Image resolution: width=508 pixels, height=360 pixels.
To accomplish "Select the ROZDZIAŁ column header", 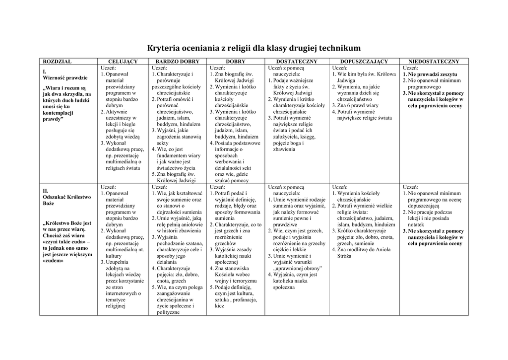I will pyautogui.click(x=57, y=61).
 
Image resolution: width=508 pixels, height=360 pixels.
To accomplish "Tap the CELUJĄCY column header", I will pyautogui.click(x=123, y=61).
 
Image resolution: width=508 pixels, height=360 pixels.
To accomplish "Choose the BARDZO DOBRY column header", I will pyautogui.click(x=176, y=61).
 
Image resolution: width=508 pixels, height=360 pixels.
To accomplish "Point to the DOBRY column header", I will pyautogui.click(x=236, y=61).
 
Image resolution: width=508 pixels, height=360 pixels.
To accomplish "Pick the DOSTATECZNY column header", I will pyautogui.click(x=297, y=61).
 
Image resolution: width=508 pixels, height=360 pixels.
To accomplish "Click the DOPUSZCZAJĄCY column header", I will pyautogui.click(x=364, y=61).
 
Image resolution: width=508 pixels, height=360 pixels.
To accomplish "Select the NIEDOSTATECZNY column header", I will pyautogui.click(x=434, y=61).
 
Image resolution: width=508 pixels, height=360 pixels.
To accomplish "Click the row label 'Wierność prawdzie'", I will pyautogui.click(x=65, y=78).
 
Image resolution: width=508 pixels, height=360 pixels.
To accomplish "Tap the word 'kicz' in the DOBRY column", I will pyautogui.click(x=220, y=306).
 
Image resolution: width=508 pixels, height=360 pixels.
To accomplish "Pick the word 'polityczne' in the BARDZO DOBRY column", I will pyautogui.click(x=168, y=313).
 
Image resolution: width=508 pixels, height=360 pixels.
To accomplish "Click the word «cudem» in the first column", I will pyautogui.click(x=54, y=261).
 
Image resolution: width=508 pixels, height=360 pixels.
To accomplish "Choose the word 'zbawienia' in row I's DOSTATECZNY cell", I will pyautogui.click(x=284, y=149).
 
